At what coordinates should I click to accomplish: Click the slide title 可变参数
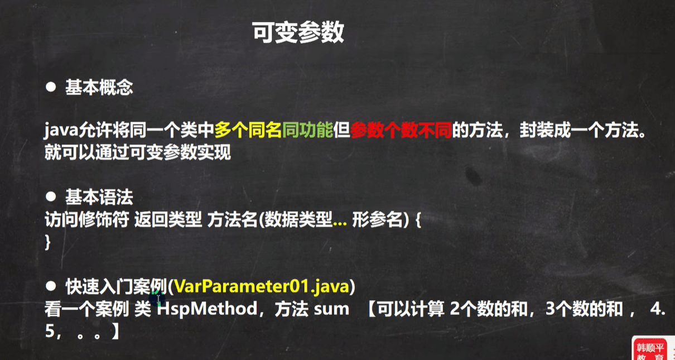(x=298, y=32)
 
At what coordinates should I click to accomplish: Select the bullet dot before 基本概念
(x=51, y=87)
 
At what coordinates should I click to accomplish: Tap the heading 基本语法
(x=99, y=197)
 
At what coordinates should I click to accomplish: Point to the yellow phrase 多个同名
(x=248, y=130)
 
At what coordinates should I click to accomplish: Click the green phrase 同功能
(x=308, y=130)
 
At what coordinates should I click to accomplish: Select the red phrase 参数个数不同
(x=401, y=130)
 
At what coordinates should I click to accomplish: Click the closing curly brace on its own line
(x=47, y=242)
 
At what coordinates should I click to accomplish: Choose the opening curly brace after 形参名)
(x=418, y=220)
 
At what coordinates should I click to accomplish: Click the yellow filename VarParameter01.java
(x=261, y=286)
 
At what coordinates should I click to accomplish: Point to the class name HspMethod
(x=207, y=309)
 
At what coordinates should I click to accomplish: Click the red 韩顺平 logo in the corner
(x=650, y=349)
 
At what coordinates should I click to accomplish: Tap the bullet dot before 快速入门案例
(x=51, y=286)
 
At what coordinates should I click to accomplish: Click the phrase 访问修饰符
(x=87, y=219)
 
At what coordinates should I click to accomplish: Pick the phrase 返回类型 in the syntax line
(x=168, y=219)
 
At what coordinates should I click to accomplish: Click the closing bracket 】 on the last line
(x=115, y=331)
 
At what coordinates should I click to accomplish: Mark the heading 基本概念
(x=99, y=88)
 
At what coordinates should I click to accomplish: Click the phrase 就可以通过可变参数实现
(x=138, y=152)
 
